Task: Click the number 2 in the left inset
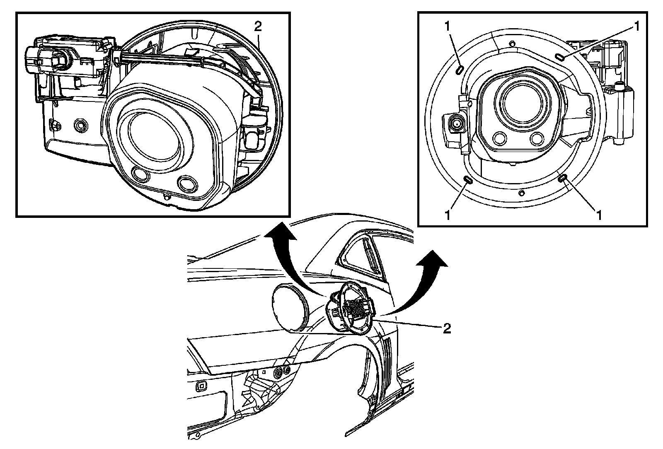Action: (258, 27)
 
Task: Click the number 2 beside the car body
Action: (446, 328)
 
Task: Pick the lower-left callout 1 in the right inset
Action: (448, 215)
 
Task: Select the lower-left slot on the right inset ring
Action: (467, 179)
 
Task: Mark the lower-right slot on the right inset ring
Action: (563, 179)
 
